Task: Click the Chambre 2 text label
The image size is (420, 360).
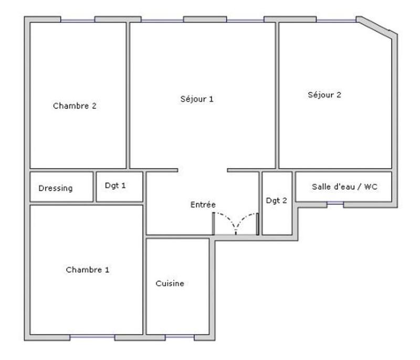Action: pyautogui.click(x=75, y=106)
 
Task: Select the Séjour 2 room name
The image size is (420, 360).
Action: pyautogui.click(x=324, y=95)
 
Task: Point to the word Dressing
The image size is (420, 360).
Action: pyautogui.click(x=55, y=188)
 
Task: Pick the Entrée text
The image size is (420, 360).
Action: pyautogui.click(x=203, y=204)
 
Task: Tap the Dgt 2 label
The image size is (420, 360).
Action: pyautogui.click(x=276, y=200)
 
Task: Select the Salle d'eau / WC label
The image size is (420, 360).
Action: pyautogui.click(x=344, y=187)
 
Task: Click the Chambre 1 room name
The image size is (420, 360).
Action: pyautogui.click(x=87, y=270)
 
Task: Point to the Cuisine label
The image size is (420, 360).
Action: pyautogui.click(x=170, y=283)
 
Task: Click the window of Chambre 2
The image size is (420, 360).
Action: pyautogui.click(x=77, y=20)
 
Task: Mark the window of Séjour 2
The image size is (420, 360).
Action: pyautogui.click(x=336, y=20)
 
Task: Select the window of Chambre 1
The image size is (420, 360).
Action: pyautogui.click(x=92, y=337)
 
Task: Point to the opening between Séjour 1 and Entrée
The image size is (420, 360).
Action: pyautogui.click(x=203, y=170)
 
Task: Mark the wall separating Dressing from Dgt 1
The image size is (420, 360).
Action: pyautogui.click(x=94, y=187)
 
